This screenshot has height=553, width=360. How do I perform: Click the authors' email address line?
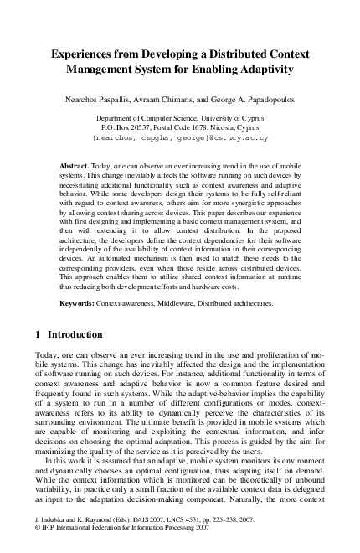[x=180, y=138]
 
